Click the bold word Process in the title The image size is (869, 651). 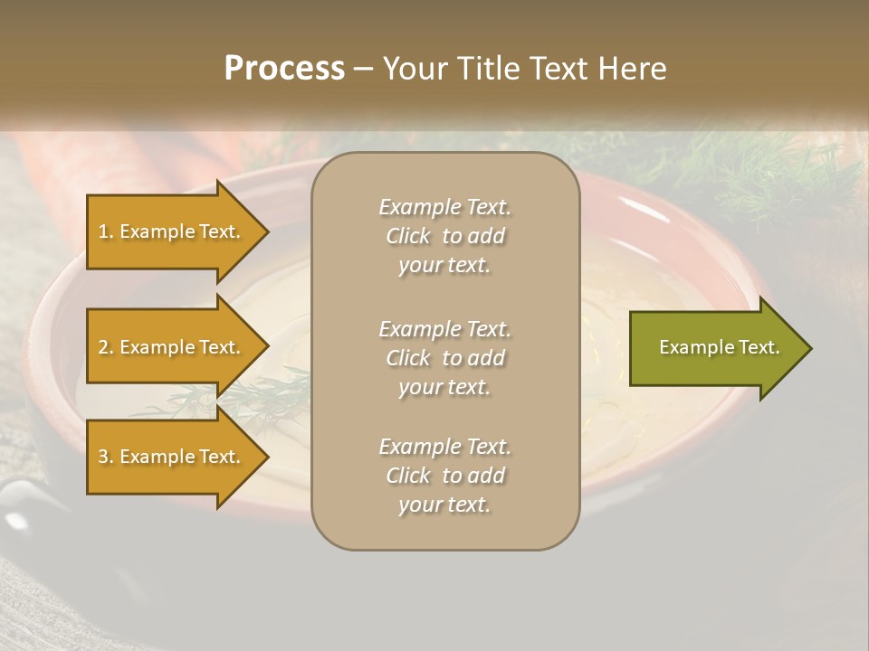pos(284,69)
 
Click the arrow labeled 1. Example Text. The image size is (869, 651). pos(172,231)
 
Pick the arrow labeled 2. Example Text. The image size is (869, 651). pos(172,347)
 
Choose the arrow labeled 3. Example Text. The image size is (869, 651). pos(172,457)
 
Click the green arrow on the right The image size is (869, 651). pos(715,348)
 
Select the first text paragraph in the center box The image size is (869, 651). pos(444,236)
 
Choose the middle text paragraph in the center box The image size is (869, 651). pos(444,358)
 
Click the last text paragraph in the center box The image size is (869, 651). pos(444,476)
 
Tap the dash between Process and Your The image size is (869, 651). pos(363,69)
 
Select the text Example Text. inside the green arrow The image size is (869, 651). pos(719,347)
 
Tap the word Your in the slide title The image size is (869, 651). pos(414,69)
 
